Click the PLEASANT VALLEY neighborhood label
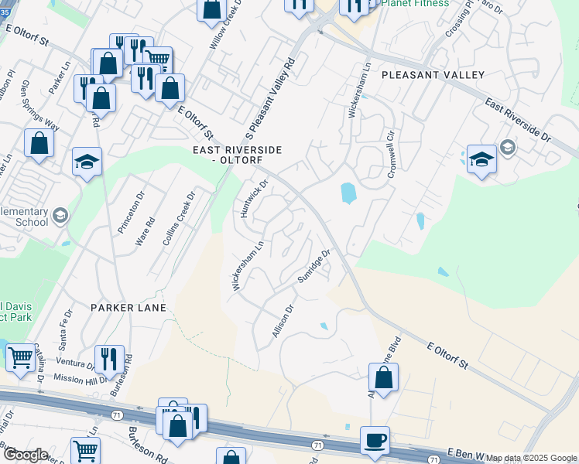click(433, 75)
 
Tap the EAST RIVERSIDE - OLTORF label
click(238, 155)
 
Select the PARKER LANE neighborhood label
click(128, 308)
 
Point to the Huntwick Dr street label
click(253, 198)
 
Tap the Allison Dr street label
click(283, 319)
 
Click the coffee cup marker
click(375, 440)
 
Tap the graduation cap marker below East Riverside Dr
click(481, 160)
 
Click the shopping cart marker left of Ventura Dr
click(20, 358)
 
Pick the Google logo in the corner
click(25, 455)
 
